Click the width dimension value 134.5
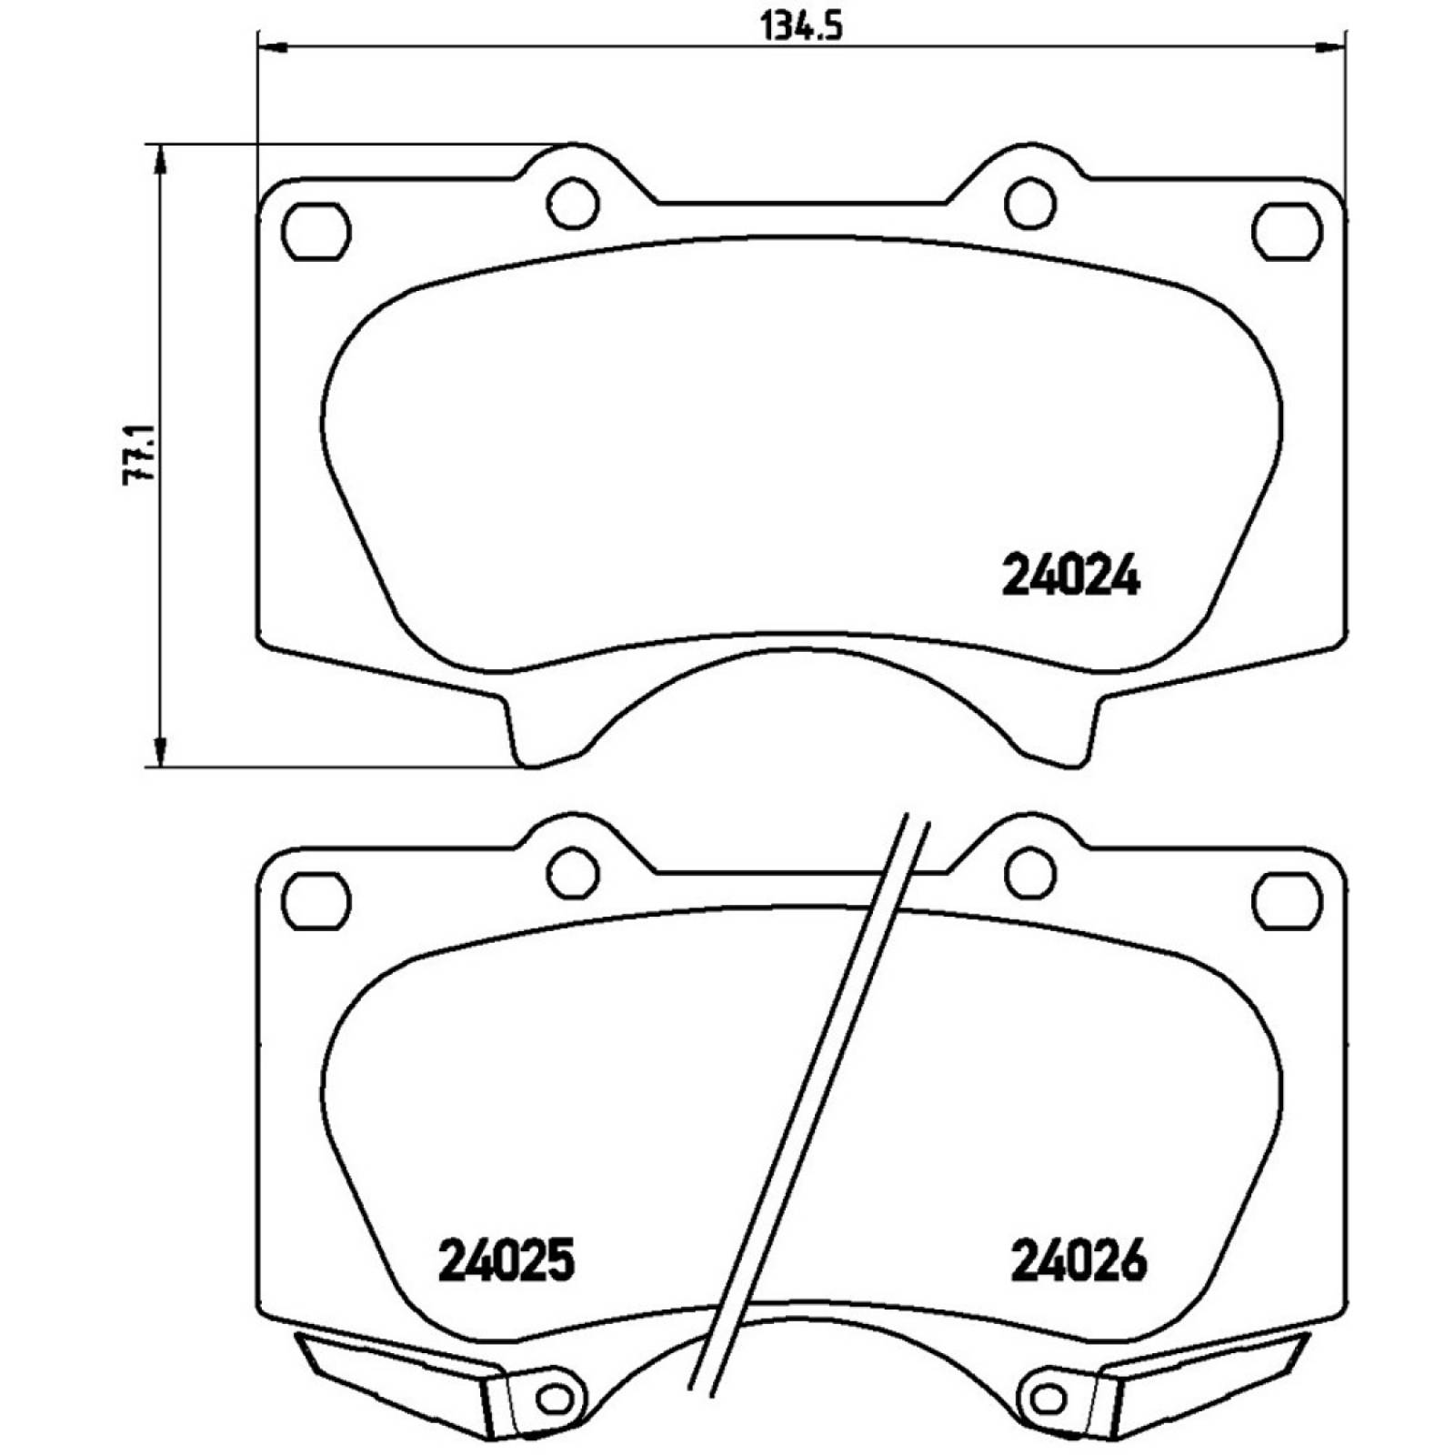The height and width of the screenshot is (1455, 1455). pyautogui.click(x=801, y=26)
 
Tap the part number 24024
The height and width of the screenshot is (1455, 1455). pyautogui.click(x=1070, y=576)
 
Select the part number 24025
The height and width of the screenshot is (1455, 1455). pyautogui.click(x=507, y=1261)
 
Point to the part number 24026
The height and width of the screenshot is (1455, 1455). pyautogui.click(x=1079, y=1261)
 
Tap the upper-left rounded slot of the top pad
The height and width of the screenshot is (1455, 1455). pyautogui.click(x=316, y=231)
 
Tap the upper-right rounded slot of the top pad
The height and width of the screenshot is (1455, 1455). pyautogui.click(x=1286, y=231)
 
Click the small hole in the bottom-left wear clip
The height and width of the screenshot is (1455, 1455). pyautogui.click(x=554, y=1399)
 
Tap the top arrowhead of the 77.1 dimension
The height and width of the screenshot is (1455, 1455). pyautogui.click(x=160, y=160)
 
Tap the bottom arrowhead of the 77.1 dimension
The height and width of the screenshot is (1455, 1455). pyautogui.click(x=160, y=751)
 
